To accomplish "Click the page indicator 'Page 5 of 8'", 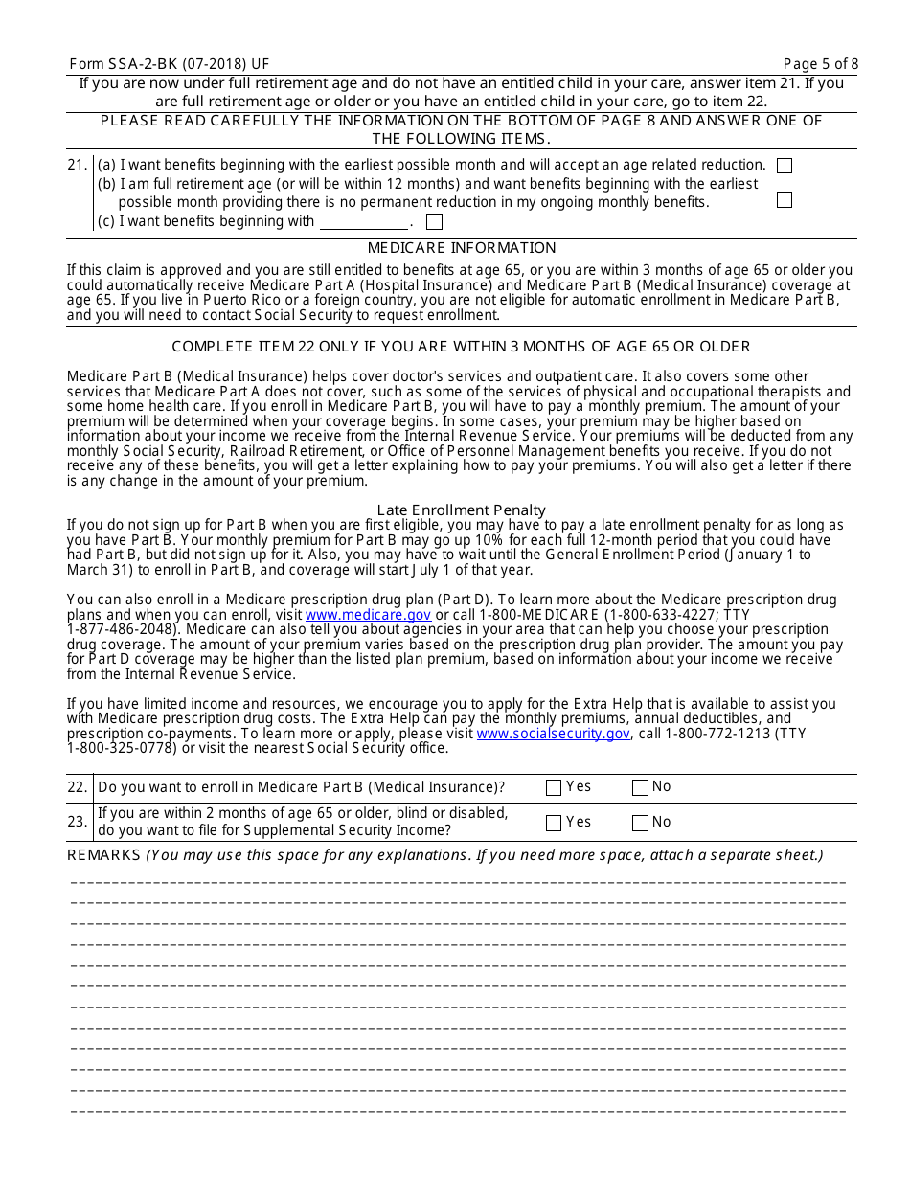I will pos(820,64).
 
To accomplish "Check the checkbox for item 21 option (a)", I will pos(785,166).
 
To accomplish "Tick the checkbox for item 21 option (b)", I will pos(785,200).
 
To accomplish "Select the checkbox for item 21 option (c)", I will pos(434,222).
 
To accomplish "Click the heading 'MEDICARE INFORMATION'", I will pos(462,248).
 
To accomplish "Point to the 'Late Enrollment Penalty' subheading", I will pos(462,510).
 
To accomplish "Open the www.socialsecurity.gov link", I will pos(553,734).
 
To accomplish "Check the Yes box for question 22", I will pos(554,788).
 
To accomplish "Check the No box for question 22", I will pos(640,788).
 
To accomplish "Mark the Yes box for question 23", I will pos(554,823).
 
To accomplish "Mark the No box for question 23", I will pos(640,823).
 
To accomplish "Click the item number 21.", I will pos(78,166).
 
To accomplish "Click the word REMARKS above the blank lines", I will pos(103,855).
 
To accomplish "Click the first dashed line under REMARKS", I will pos(458,881).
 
